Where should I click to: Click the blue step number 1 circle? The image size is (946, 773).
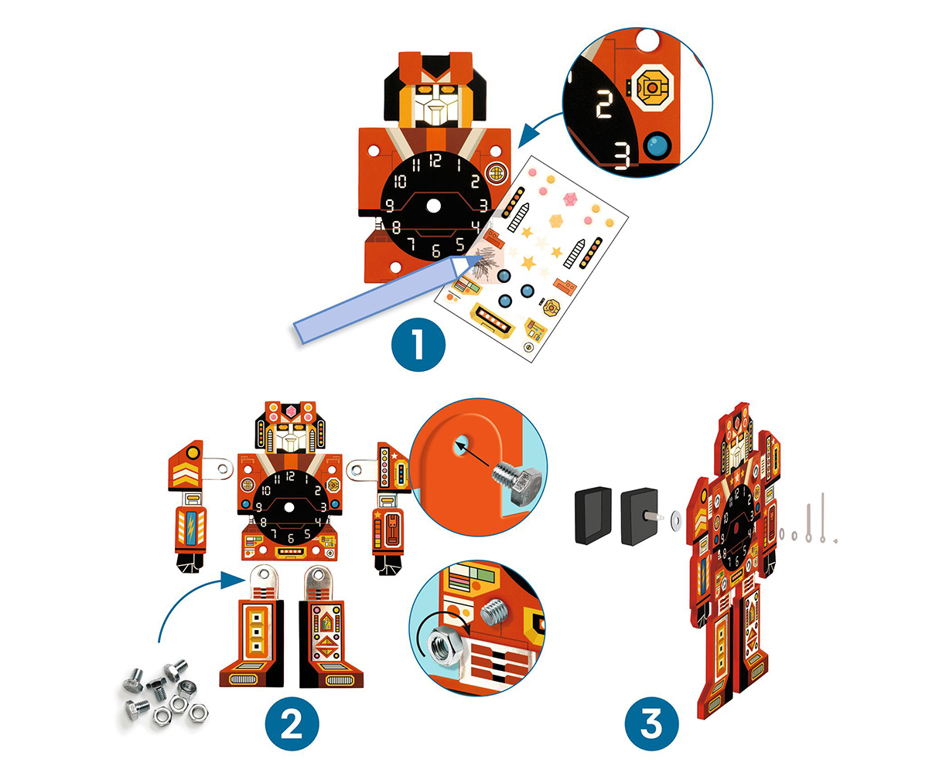418,344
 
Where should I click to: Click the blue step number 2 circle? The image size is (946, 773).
292,724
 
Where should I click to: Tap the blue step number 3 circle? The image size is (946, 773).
651,724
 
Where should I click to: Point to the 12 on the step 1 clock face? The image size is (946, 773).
435,161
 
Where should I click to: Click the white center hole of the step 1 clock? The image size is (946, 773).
433,206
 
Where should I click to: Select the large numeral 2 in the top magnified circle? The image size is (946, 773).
604,104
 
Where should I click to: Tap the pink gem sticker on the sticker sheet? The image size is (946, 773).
569,199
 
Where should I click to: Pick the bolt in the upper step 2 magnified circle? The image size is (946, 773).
518,482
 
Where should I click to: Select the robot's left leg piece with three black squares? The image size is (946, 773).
252,625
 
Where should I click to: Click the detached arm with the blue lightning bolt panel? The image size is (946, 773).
190,507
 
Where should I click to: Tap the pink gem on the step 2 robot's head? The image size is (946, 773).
291,410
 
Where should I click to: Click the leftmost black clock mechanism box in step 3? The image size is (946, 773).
593,515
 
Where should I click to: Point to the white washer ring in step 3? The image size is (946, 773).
674,519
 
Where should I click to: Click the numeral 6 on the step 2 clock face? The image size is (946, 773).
291,537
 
